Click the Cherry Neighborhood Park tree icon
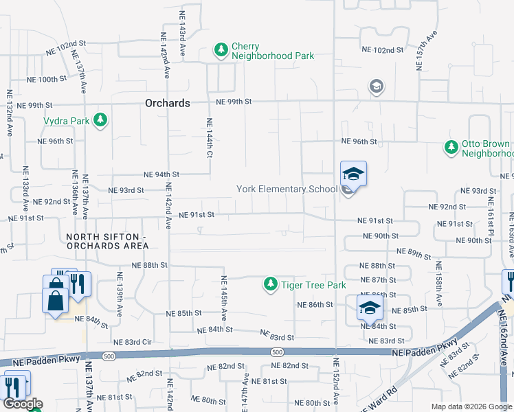[221, 50]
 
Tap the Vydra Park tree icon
[100, 120]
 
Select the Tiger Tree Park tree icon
[271, 284]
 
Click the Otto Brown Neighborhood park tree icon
[451, 148]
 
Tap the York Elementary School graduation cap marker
[353, 174]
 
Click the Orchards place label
[168, 103]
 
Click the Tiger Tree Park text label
[313, 284]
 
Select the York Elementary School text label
[287, 189]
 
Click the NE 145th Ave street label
[224, 298]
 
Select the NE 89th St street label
[414, 254]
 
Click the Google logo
[22, 404]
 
